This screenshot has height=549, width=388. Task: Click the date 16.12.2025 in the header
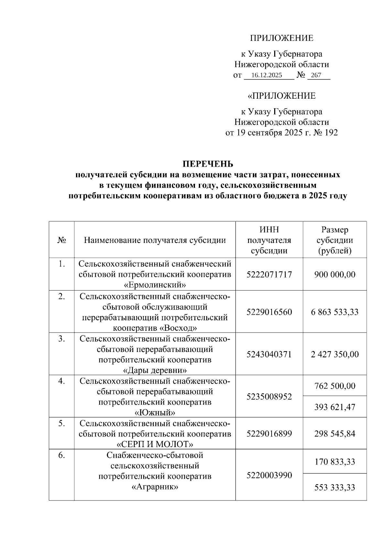point(266,75)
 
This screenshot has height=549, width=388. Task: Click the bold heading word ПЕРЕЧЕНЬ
point(208,164)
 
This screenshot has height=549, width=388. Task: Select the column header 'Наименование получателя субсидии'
point(155,240)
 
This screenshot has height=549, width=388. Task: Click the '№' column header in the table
point(61,240)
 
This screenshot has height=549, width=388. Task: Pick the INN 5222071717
point(269,275)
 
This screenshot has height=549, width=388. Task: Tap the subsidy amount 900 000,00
point(335,275)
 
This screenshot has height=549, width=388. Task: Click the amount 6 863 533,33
point(335,312)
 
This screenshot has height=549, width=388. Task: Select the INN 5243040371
point(269,354)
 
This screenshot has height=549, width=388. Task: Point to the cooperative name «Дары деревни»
point(155,370)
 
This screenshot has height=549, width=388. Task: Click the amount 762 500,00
point(335,386)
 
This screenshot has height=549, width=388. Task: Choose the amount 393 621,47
point(335,407)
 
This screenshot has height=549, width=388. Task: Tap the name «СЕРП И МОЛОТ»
point(155,444)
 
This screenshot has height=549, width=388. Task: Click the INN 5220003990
point(269,475)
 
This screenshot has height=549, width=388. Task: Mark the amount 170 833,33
point(335,462)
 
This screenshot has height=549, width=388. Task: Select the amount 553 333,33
point(335,487)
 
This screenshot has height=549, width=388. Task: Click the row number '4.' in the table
point(61,381)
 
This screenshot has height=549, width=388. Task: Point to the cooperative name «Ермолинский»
point(155,285)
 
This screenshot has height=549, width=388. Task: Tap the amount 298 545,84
point(335,434)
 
